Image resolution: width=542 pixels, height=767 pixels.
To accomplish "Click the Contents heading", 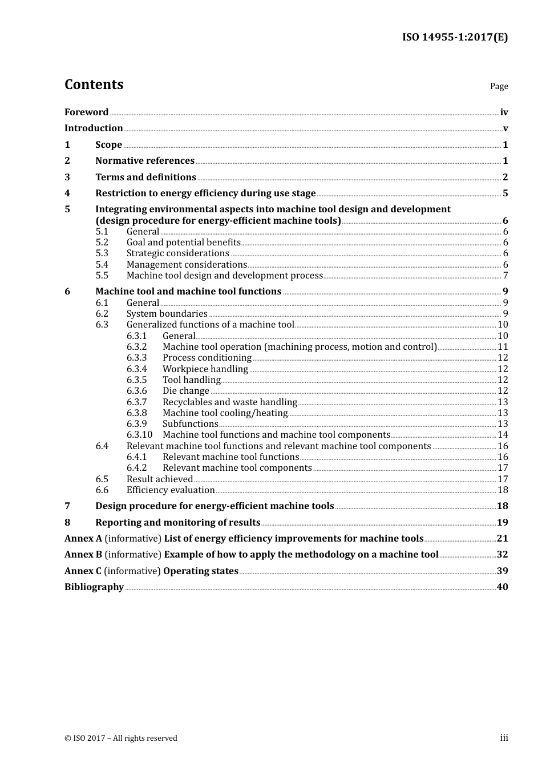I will click(94, 84).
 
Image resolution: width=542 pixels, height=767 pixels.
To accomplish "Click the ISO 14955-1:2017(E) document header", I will click(455, 37).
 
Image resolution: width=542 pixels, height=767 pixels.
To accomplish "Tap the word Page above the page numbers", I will click(499, 86).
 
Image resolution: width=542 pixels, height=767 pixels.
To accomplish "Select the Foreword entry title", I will click(86, 112).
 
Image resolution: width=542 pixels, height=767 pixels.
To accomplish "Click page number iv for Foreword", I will click(504, 112).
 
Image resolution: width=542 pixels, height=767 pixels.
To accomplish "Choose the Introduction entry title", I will click(94, 128).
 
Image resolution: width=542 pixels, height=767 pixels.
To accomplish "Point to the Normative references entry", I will click(145, 161).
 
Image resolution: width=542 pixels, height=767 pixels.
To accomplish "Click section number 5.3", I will click(102, 253).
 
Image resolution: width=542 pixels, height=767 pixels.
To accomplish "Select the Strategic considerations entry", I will click(177, 253).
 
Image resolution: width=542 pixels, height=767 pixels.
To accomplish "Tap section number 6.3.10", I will click(139, 435).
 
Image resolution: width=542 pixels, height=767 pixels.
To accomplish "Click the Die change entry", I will click(186, 391).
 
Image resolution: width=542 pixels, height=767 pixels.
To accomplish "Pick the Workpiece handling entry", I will click(205, 369).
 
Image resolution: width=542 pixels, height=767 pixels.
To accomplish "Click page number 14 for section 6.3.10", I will click(503, 435).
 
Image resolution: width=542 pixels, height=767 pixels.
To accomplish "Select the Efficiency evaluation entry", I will click(171, 490).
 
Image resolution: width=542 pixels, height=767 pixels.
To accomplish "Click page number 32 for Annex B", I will click(502, 555).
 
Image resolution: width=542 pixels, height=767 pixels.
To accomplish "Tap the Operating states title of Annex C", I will click(201, 571).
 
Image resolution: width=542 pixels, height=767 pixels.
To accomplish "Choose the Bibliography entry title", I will click(94, 587).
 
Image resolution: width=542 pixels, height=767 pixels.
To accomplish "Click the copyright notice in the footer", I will click(121, 738).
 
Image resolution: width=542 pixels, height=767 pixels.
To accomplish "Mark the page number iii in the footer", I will click(504, 738).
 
